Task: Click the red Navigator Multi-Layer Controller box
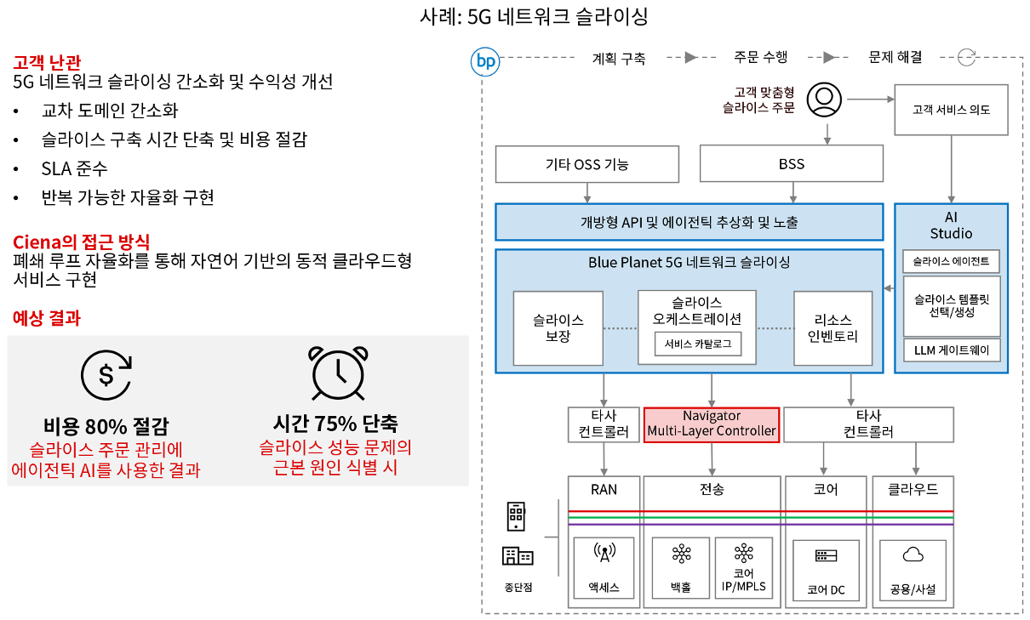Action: click(x=712, y=424)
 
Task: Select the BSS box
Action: click(x=791, y=163)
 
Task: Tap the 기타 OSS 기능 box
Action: click(x=587, y=163)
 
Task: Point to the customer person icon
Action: click(x=823, y=100)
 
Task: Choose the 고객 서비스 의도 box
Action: click(x=951, y=109)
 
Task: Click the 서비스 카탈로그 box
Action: click(x=697, y=344)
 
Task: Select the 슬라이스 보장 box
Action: click(x=558, y=328)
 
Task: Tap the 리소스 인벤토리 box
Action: click(x=833, y=328)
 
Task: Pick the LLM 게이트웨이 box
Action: click(x=951, y=350)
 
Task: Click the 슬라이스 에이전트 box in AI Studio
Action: click(x=951, y=261)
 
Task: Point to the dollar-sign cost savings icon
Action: click(x=106, y=373)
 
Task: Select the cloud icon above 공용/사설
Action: click(x=913, y=555)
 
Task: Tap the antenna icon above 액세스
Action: click(x=604, y=555)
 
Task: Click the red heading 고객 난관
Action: click(x=47, y=62)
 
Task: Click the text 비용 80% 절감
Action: click(x=106, y=426)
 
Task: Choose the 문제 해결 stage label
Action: click(x=895, y=58)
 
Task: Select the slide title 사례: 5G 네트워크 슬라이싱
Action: click(x=535, y=16)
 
